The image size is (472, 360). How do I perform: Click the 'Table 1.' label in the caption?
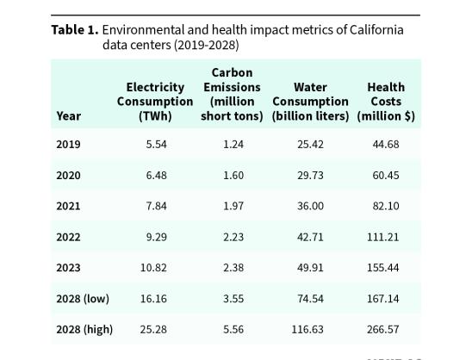(x=74, y=30)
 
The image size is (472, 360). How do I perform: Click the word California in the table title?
(x=376, y=30)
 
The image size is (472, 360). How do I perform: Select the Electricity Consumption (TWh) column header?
(x=155, y=102)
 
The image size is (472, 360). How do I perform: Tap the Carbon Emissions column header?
(x=232, y=95)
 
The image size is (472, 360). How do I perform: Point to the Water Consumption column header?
(x=310, y=102)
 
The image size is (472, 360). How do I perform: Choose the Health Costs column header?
(x=386, y=102)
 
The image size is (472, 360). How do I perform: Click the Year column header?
(x=68, y=116)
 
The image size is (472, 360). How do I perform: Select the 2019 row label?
(x=68, y=144)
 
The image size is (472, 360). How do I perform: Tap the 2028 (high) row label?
(x=84, y=330)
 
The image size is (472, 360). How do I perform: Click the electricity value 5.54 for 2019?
(x=156, y=144)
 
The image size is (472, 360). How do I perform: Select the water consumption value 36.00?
(x=310, y=206)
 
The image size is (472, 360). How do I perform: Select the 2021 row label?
(x=68, y=206)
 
